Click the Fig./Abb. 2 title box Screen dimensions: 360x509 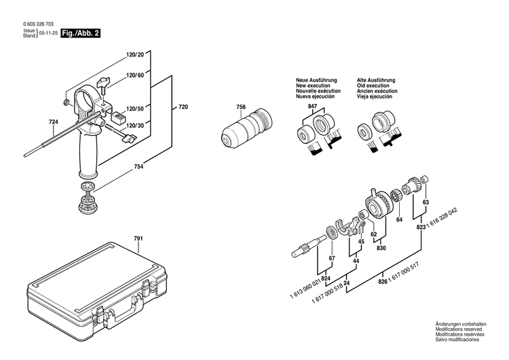(x=81, y=33)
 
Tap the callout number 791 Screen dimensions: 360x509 (x=138, y=238)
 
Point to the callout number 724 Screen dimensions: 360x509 (x=54, y=122)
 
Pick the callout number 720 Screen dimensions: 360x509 (x=183, y=107)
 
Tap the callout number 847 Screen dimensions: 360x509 (x=312, y=107)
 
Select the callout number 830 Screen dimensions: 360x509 (x=381, y=248)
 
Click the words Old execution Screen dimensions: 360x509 (x=373, y=86)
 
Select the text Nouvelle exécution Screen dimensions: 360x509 (x=316, y=92)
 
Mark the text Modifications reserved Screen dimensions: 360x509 (x=465, y=335)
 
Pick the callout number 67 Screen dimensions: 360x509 (x=331, y=259)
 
